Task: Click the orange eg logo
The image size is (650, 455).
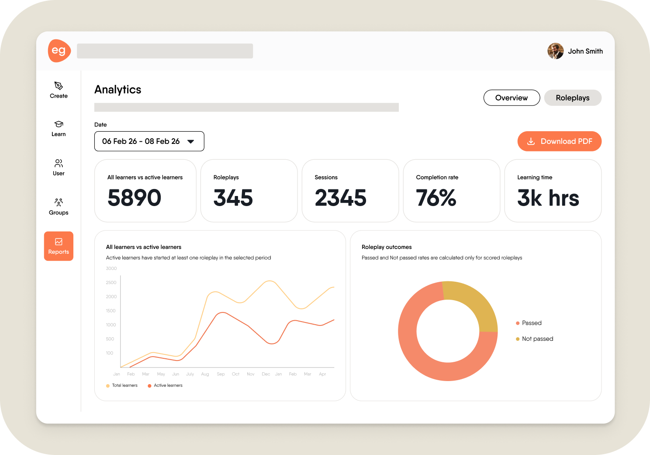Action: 59,51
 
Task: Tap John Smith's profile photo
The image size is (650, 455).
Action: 555,51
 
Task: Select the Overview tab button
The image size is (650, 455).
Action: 512,98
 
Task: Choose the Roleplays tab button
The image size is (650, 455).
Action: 573,98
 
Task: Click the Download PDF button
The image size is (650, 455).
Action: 559,141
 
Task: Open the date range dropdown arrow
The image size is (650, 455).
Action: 190,141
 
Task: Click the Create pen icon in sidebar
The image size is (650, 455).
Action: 59,86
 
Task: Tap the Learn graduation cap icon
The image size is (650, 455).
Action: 59,124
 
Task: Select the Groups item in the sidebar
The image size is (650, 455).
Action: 59,206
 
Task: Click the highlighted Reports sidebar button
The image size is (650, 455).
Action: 59,246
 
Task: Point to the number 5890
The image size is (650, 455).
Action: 135,198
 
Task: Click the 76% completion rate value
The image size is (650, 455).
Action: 436,198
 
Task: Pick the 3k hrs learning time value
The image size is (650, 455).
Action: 548,198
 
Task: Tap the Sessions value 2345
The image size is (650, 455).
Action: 340,198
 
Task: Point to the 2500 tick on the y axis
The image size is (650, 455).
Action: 111,283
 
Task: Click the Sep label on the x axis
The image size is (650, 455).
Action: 221,374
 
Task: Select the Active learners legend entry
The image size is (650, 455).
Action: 165,385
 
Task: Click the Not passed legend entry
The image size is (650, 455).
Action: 535,339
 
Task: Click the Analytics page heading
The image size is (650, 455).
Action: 118,90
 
